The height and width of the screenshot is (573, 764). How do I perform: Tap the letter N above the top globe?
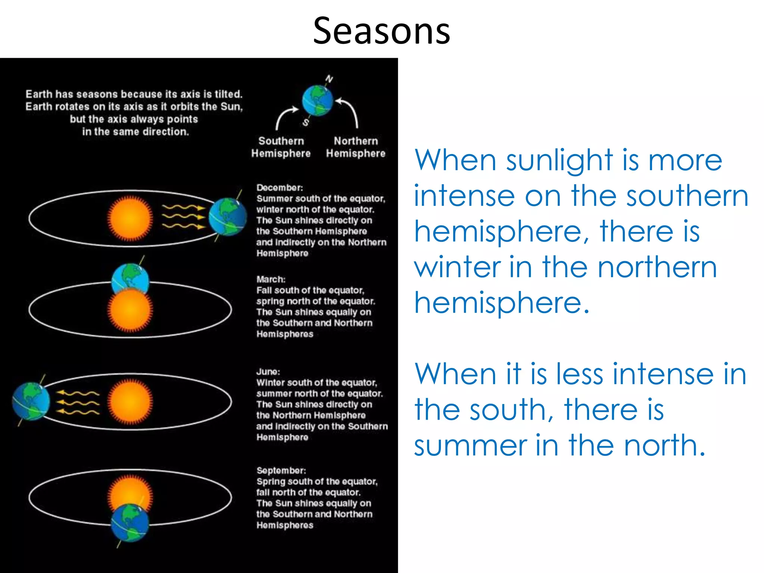pos(329,79)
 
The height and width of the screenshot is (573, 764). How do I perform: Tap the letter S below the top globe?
pos(306,122)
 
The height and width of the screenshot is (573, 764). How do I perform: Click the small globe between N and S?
pos(317,101)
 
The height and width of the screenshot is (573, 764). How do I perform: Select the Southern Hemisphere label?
pos(281,147)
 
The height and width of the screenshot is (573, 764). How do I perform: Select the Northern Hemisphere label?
pos(356,147)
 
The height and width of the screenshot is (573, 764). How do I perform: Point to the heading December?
pos(279,188)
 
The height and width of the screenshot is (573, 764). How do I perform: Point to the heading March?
pos(271,279)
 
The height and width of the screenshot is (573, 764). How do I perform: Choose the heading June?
pos(268,372)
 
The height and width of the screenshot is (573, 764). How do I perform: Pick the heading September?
pos(281,470)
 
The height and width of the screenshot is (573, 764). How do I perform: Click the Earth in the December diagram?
pos(228,216)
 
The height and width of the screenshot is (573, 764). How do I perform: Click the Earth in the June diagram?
pos(31,401)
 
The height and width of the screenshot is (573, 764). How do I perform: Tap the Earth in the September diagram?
pos(130,523)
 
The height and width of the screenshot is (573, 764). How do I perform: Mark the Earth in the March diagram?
pos(130,278)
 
